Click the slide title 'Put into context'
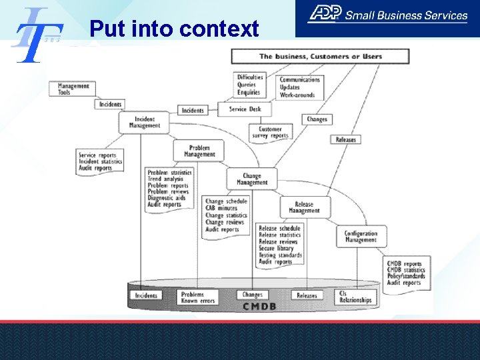(174, 29)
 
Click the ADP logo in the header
(324, 13)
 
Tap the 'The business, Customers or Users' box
(320, 56)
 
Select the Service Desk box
(245, 109)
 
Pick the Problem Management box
(199, 151)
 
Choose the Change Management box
(251, 179)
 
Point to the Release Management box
(304, 207)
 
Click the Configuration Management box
(361, 236)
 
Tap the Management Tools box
(73, 89)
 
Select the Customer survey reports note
(270, 132)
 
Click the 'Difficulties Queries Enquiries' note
(250, 85)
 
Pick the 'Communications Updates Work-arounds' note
(299, 87)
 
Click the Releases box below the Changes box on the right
(346, 139)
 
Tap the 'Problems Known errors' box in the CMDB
(198, 297)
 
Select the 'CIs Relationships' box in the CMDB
(355, 297)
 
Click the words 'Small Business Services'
(416, 15)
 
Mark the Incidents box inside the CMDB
(146, 295)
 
